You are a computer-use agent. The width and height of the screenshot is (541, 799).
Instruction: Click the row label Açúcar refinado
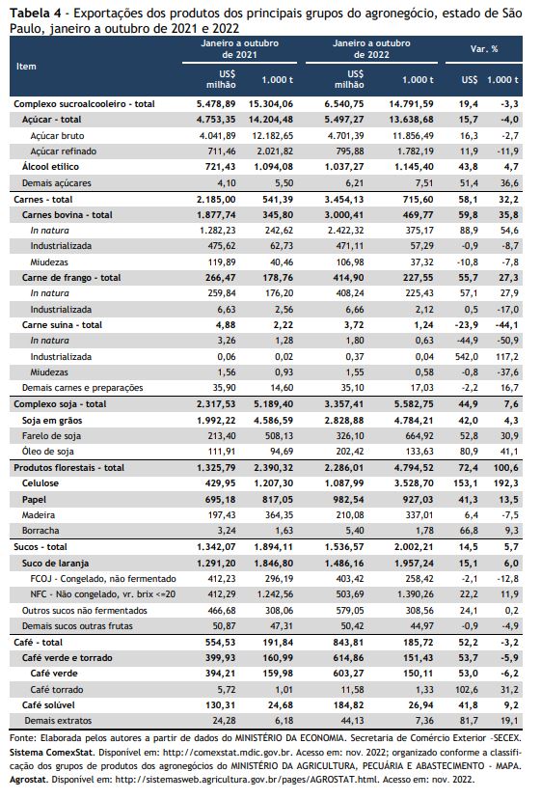(x=64, y=152)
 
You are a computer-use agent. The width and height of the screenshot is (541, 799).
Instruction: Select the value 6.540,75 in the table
(x=344, y=104)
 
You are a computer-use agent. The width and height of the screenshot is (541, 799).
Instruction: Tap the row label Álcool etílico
(x=50, y=167)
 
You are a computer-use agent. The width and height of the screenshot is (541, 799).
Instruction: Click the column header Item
(x=26, y=67)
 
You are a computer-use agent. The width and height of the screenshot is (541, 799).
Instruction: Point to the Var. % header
(x=484, y=49)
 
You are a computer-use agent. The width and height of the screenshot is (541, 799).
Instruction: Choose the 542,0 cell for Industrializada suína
(x=467, y=357)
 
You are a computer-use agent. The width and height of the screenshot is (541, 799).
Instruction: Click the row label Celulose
(x=41, y=483)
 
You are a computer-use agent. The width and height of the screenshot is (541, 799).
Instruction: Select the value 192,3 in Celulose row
(x=507, y=483)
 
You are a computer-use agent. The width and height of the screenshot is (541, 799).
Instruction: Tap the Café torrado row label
(x=57, y=689)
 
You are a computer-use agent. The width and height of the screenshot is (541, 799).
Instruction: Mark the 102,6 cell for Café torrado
(x=467, y=689)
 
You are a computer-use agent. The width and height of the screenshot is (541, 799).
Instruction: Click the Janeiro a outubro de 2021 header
(x=239, y=49)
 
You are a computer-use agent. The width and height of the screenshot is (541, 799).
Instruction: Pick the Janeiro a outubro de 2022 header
(x=371, y=49)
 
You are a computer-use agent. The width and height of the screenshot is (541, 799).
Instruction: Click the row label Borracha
(x=41, y=531)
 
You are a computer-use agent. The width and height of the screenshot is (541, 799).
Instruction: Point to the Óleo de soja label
(x=48, y=452)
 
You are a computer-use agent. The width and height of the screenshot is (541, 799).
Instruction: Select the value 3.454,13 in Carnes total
(x=344, y=199)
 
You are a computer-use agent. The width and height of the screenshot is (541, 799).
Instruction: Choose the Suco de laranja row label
(x=56, y=564)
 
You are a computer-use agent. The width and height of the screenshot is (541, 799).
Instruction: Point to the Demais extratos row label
(x=58, y=721)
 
